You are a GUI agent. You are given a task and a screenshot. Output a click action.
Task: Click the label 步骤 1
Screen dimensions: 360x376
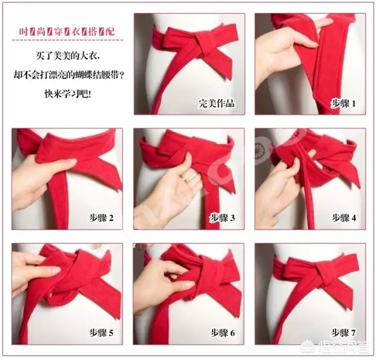[x=344, y=104]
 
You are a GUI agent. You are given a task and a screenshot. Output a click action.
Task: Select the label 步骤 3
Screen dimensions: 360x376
[x=223, y=218]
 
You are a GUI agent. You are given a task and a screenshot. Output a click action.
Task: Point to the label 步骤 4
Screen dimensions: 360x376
[x=344, y=218]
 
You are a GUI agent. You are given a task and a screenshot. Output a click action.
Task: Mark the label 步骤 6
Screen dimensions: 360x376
[x=223, y=334]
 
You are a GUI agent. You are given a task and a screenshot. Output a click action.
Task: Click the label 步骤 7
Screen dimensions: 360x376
[x=344, y=334]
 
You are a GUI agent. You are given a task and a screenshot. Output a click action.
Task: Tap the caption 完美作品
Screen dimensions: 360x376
[x=217, y=104]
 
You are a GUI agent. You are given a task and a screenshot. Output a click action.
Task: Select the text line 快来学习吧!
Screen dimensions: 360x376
[x=66, y=93]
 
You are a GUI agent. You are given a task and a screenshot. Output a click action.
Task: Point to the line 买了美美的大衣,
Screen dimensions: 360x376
[x=66, y=58]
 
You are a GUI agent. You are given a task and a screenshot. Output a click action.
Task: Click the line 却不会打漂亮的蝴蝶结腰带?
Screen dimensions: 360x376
[x=66, y=75]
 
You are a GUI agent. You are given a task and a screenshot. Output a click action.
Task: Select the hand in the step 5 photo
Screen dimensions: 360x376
[x=32, y=271]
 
